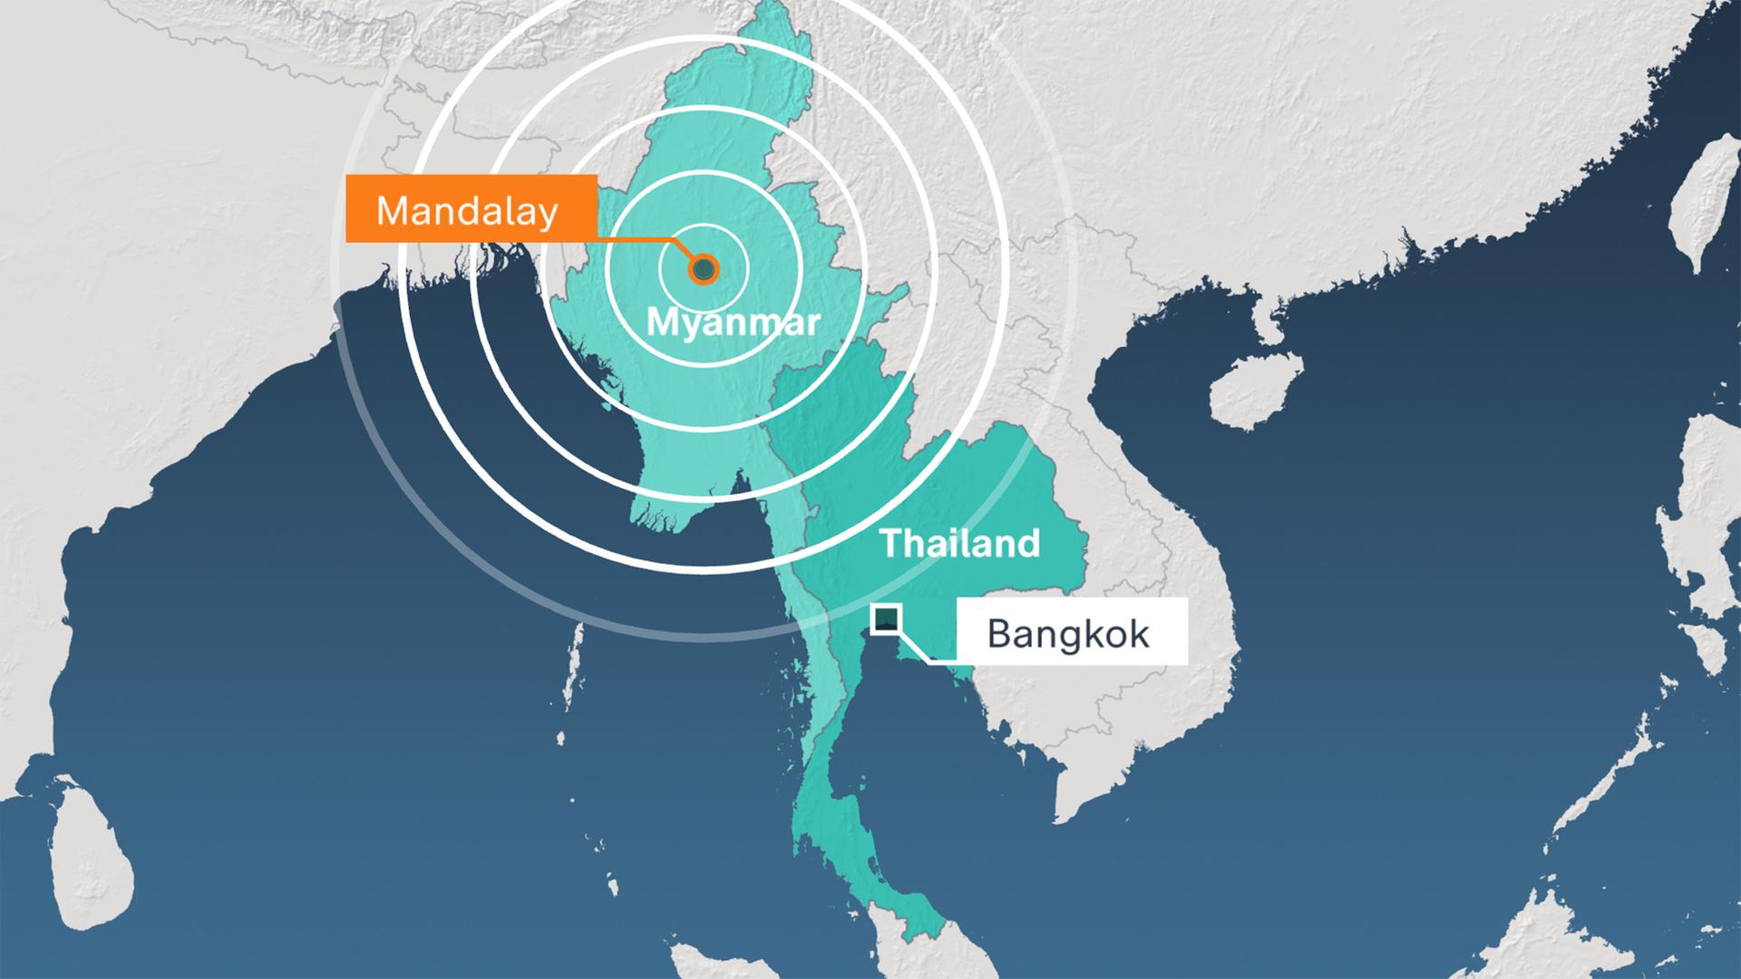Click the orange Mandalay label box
(x=471, y=209)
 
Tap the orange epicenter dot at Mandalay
(x=704, y=269)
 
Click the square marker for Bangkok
(x=886, y=619)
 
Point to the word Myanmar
(x=733, y=322)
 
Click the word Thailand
(x=959, y=543)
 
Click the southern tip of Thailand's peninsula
(x=934, y=952)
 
